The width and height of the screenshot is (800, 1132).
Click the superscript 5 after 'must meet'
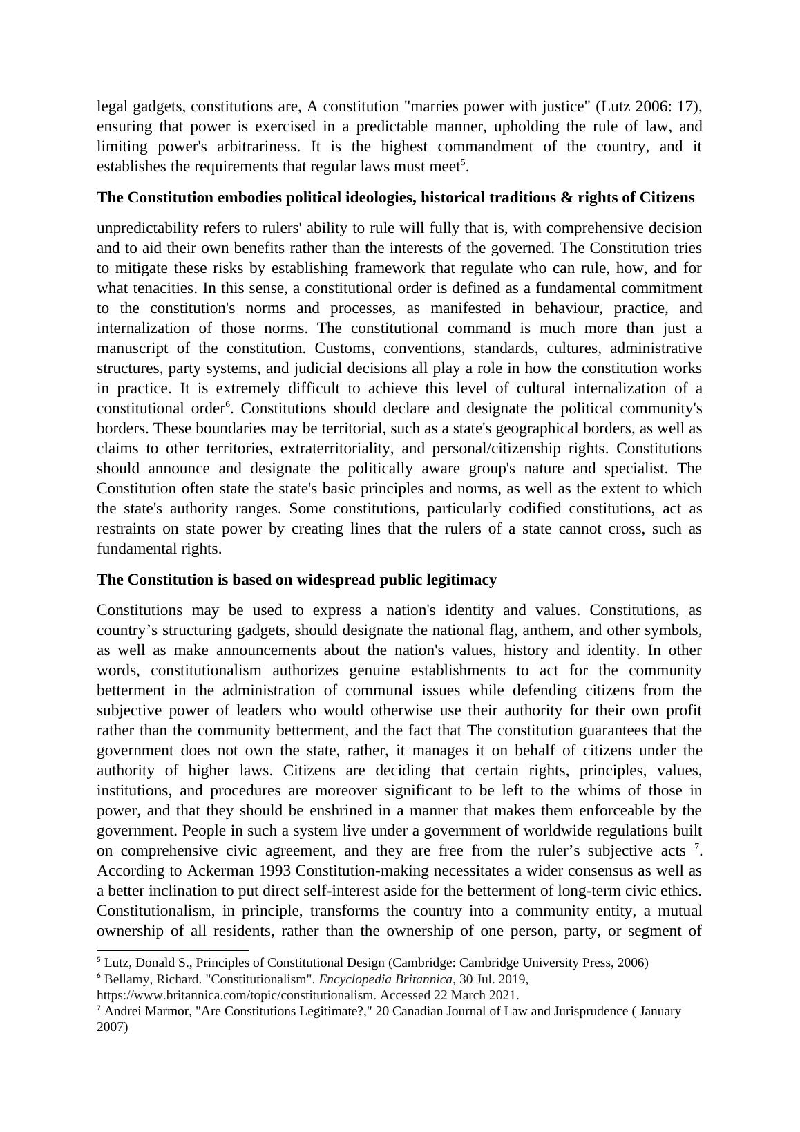pos(464,163)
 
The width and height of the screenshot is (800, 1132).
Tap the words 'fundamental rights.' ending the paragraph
pos(159,549)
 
